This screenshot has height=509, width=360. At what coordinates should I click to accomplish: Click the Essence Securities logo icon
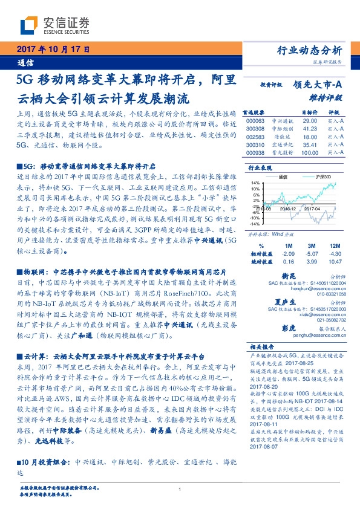point(29,25)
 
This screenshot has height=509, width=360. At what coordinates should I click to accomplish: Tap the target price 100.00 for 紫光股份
point(309,153)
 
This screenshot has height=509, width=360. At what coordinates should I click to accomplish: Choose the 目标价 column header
point(309,113)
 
